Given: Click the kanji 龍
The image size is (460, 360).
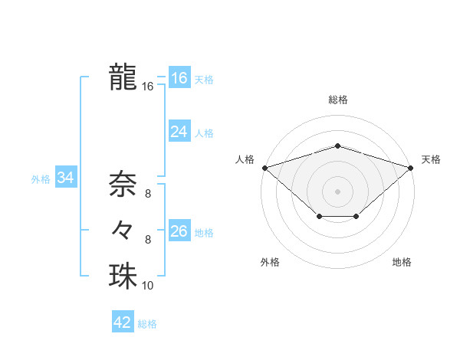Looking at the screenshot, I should click(x=123, y=77).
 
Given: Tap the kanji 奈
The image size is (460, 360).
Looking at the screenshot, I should click(x=123, y=184).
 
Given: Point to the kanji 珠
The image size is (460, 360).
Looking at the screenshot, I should click(x=123, y=276).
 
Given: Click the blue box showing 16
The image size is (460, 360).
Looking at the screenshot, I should click(x=179, y=78).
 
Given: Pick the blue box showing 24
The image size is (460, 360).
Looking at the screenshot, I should click(x=179, y=132).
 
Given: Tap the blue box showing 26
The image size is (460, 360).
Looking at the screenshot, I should click(x=179, y=231).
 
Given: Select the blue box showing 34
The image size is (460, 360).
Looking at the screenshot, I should click(x=65, y=178).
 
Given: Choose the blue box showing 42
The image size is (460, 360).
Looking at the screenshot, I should click(x=123, y=322).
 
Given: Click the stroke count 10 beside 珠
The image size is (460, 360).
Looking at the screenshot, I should click(x=148, y=286).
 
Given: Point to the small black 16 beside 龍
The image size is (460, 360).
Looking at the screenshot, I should click(x=148, y=87).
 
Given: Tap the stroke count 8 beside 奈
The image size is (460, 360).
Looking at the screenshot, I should click(x=148, y=194).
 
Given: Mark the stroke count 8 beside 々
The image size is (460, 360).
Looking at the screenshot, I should click(x=148, y=240).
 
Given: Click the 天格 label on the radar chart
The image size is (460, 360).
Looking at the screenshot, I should click(x=431, y=159).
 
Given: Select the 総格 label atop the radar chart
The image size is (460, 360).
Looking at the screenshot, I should click(x=337, y=100).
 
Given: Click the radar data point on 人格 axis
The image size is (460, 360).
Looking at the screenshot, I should click(x=264, y=167).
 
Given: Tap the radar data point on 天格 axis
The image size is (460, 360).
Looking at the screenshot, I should click(x=410, y=167).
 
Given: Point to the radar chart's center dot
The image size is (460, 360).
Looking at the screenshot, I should click(x=337, y=191).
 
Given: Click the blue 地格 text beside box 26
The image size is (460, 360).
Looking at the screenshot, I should click(x=204, y=232).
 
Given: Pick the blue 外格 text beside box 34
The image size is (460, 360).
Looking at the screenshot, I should click(x=41, y=179).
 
